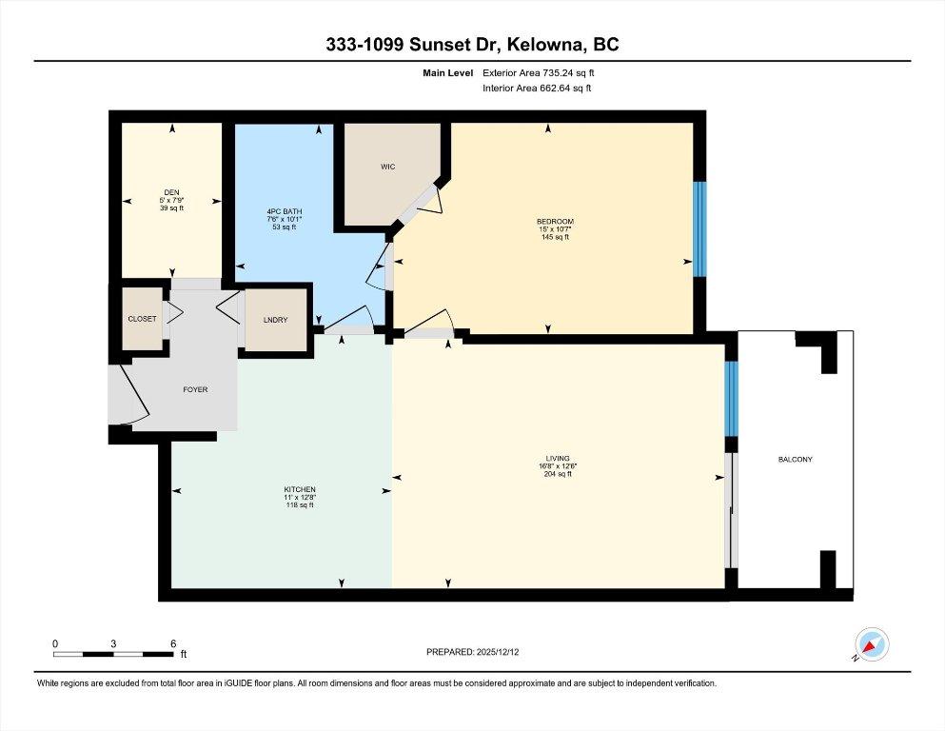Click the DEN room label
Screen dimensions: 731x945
171,193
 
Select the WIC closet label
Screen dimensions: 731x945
387,167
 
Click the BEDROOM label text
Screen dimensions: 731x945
555,222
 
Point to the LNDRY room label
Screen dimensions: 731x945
275,320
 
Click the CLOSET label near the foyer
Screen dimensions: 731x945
142,319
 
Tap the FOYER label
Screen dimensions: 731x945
195,389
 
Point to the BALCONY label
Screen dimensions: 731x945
795,459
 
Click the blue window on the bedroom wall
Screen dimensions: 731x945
700,228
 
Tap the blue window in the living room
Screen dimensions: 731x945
731,398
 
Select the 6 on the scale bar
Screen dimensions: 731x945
173,643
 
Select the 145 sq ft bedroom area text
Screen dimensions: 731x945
555,237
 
